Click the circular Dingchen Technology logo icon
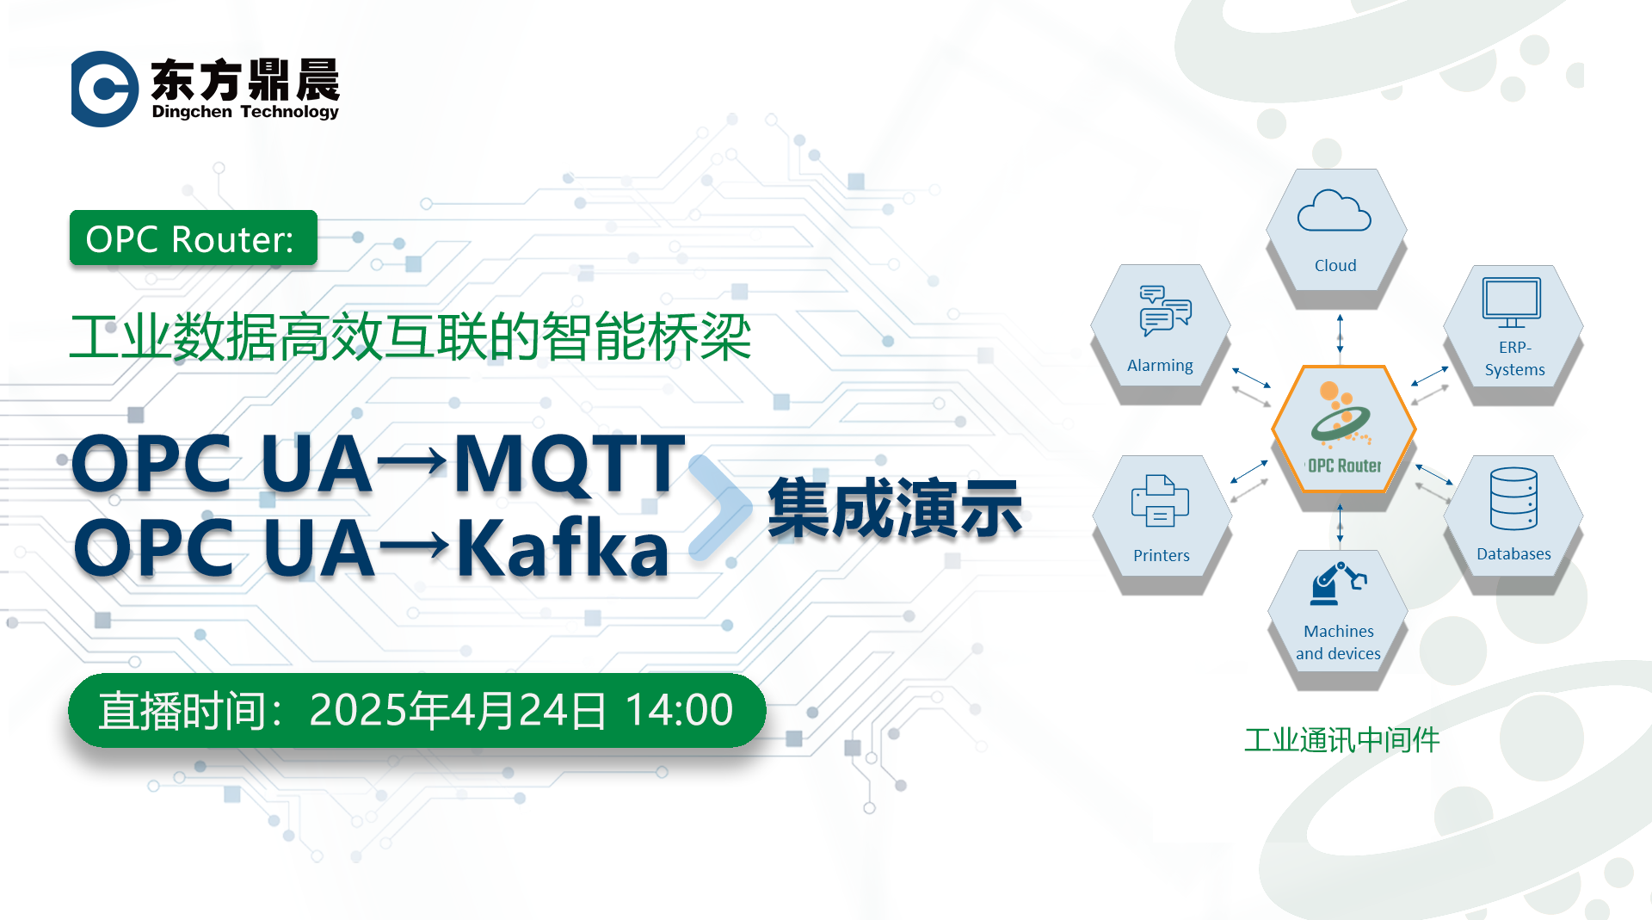[x=104, y=89]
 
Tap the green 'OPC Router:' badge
[x=194, y=238]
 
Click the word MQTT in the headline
[x=569, y=465]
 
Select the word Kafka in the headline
[x=562, y=547]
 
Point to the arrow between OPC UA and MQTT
[x=412, y=463]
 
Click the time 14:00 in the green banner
[x=679, y=711]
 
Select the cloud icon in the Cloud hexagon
[x=1334, y=211]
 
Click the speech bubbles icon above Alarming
[x=1165, y=310]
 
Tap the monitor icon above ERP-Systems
[x=1511, y=302]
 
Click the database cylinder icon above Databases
[x=1513, y=498]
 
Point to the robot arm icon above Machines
[x=1338, y=583]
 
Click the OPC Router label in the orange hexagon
[x=1344, y=466]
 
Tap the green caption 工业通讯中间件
[x=1341, y=740]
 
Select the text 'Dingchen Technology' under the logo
[x=245, y=112]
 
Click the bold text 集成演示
[x=895, y=508]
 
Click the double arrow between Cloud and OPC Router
[x=1340, y=334]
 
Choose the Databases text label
[x=1513, y=554]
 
